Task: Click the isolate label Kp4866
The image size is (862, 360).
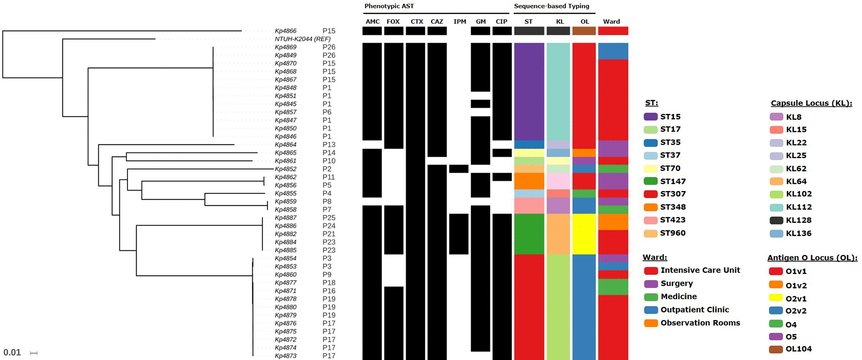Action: (286, 31)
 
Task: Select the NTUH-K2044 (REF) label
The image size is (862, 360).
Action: (302, 39)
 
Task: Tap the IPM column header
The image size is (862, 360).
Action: (460, 22)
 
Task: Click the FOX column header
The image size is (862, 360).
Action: (393, 22)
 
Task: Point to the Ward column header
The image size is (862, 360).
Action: (611, 22)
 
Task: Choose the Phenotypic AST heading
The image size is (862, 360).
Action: (389, 6)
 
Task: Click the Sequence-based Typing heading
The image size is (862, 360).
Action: (551, 6)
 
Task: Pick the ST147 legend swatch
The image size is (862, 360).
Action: (651, 181)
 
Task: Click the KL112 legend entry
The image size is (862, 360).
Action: (799, 207)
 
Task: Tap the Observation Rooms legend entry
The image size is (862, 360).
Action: (700, 323)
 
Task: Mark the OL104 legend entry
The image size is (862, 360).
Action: (799, 349)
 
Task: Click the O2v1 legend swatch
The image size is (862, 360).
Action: (776, 298)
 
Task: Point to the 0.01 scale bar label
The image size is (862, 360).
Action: (12, 352)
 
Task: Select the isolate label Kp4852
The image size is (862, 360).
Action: (286, 169)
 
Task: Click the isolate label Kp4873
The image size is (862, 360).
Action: (286, 356)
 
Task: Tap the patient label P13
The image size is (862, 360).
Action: (329, 145)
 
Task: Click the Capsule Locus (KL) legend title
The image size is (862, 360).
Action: (811, 103)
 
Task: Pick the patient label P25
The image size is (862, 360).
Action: (329, 218)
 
